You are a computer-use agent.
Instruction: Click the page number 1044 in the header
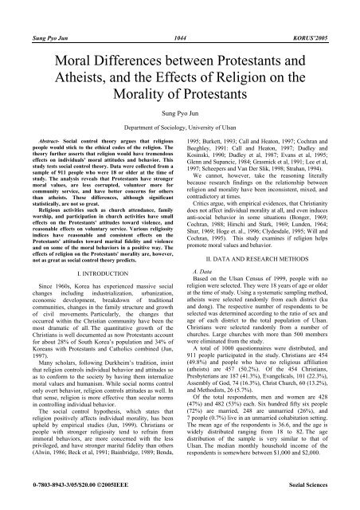pyautogui.click(x=179, y=14)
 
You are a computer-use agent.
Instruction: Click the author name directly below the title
pyautogui.click(x=179, y=115)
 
